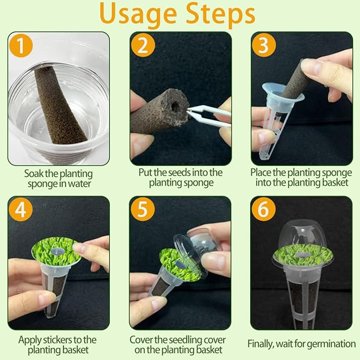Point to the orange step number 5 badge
(x=143, y=210)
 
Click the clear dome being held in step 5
(x=204, y=241)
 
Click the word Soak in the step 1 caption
(x=34, y=173)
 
